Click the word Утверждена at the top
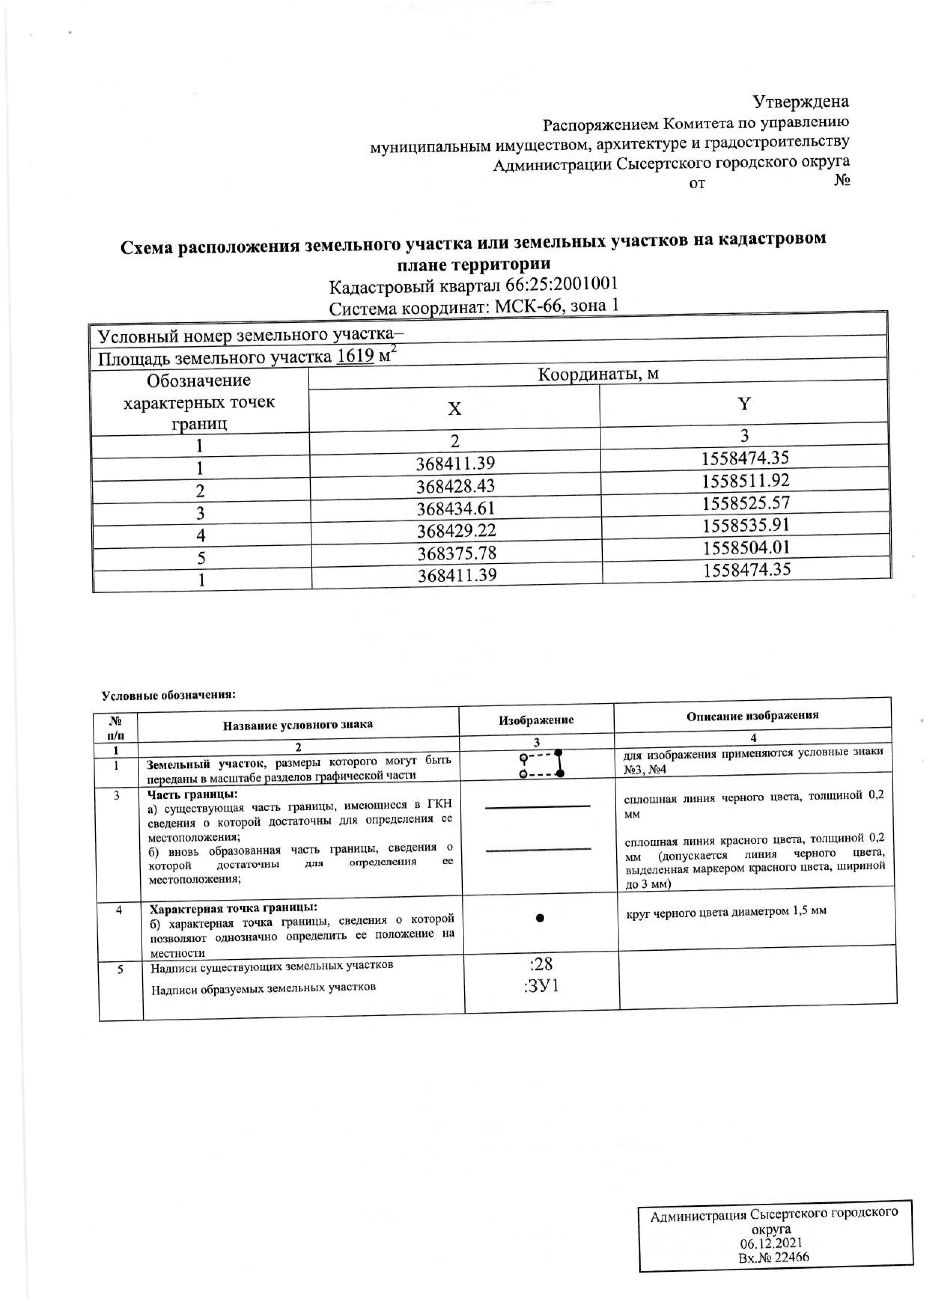pos(800,102)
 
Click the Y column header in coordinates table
pos(744,404)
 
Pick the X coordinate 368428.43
pos(455,486)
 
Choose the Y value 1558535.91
pos(746,525)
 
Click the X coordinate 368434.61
pos(455,508)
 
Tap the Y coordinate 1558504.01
pos(746,547)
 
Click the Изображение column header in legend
pos(536,720)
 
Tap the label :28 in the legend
pos(541,964)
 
